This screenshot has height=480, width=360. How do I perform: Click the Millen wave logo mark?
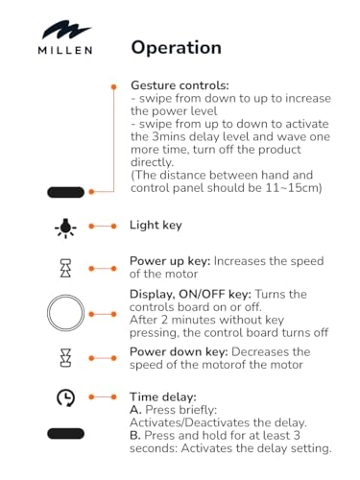[x=66, y=31]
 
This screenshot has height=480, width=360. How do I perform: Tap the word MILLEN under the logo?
[x=65, y=50]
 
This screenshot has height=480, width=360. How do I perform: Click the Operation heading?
[x=177, y=48]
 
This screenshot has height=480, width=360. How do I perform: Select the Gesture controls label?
[x=180, y=85]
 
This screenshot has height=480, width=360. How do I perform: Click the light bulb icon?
[x=65, y=228]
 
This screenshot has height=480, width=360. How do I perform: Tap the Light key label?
[x=156, y=226]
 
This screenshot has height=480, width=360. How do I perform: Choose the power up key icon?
[x=65, y=268]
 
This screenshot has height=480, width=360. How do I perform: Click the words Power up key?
[x=170, y=261]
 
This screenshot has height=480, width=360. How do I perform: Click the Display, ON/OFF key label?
[x=191, y=294]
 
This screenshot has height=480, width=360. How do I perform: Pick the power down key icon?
[x=65, y=358]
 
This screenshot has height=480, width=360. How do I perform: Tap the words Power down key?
[x=179, y=352]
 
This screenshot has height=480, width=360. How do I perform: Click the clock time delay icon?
[x=65, y=397]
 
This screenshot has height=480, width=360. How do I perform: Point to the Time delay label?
[x=163, y=397]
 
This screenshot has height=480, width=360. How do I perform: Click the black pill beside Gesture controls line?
[x=66, y=192]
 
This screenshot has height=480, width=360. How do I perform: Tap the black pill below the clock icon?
[x=66, y=434]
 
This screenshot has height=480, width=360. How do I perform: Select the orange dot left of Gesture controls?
[x=113, y=86]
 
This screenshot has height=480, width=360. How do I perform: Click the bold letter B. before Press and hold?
[x=135, y=436]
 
